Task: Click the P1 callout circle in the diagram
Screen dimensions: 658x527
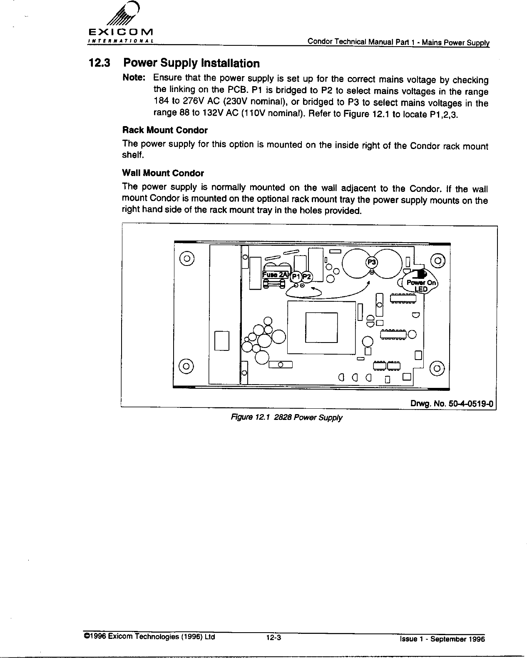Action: coord(296,277)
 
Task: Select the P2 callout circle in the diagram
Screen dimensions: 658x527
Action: coord(307,277)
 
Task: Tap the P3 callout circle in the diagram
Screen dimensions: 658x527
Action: coord(371,262)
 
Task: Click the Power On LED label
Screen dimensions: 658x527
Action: coord(421,286)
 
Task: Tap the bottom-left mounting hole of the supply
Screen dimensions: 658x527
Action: coord(186,366)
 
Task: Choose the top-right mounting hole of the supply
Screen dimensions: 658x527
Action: coord(438,260)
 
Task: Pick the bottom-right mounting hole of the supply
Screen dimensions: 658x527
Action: coord(438,368)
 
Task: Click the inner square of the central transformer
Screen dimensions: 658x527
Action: coord(321,327)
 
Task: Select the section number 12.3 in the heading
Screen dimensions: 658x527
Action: coord(99,63)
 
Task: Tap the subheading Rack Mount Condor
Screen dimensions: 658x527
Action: coord(165,130)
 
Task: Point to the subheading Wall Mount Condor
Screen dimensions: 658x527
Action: coord(163,173)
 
